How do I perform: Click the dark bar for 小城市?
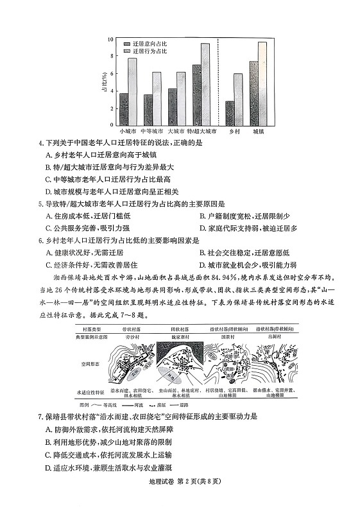point(124,109)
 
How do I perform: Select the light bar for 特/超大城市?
point(205,84)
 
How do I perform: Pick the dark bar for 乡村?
point(230,112)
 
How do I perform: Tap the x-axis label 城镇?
point(258,130)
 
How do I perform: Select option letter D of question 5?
point(203,227)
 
